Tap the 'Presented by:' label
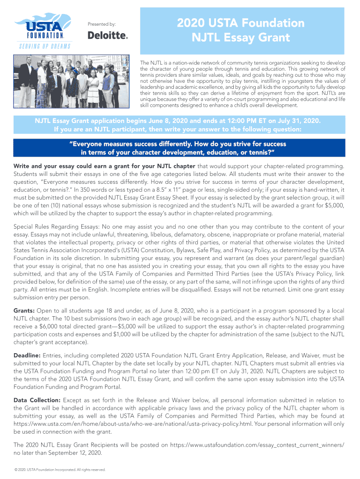click(102, 24)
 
